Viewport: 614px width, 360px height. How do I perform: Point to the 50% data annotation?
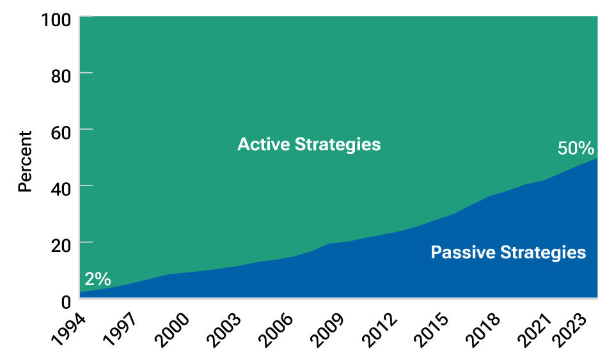[x=576, y=148]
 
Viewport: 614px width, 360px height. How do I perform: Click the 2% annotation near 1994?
[x=97, y=279]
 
